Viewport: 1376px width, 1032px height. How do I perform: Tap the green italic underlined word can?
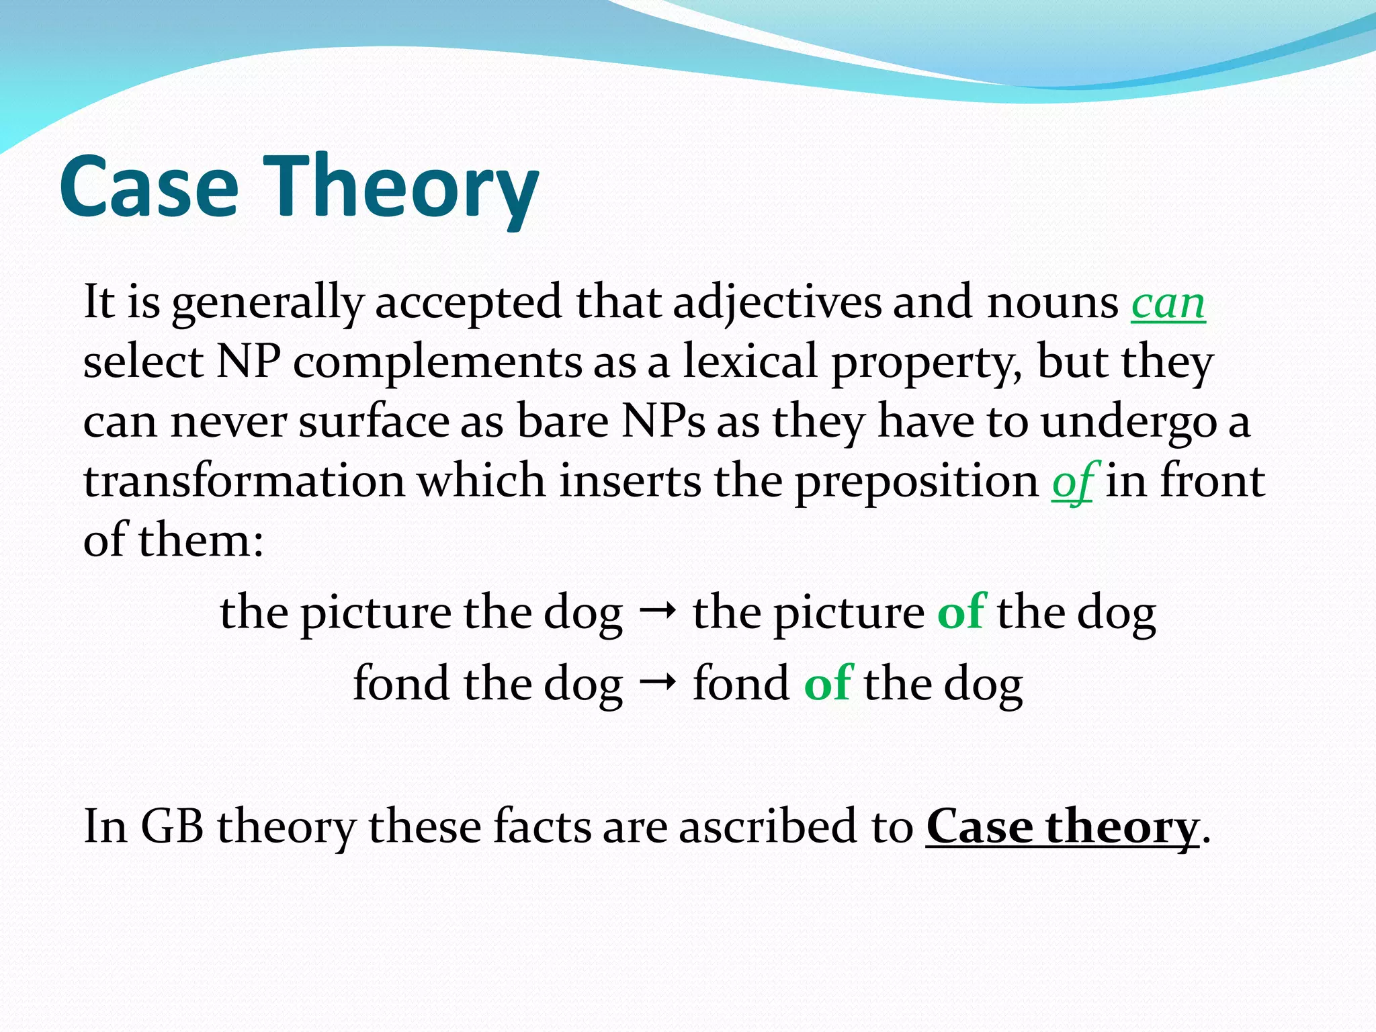pos(1168,304)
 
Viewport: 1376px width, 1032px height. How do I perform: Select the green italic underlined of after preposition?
pos(1074,482)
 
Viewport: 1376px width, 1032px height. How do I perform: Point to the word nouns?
pos(1052,304)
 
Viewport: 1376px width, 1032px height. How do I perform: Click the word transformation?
pos(243,481)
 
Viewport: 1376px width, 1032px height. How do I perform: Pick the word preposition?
pos(916,482)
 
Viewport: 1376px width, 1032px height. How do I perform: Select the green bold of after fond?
pos(828,683)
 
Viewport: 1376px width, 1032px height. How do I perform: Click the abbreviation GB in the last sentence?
pos(172,826)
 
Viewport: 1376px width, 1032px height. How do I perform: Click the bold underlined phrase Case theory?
pos(1062,826)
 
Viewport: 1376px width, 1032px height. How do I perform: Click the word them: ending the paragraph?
pos(200,540)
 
